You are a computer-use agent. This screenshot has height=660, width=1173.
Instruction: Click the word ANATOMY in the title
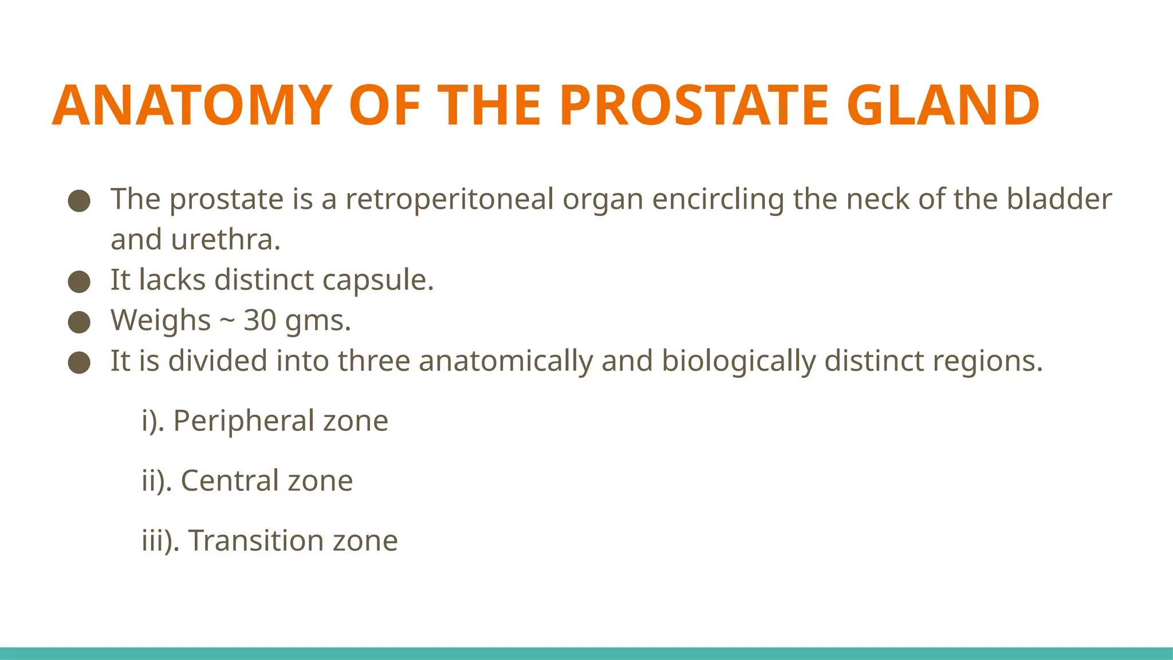point(192,105)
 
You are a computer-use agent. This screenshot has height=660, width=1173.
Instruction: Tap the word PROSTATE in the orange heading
point(694,105)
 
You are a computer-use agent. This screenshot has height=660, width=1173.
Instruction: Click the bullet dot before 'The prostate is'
point(79,201)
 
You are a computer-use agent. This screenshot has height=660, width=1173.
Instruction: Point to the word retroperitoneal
point(450,200)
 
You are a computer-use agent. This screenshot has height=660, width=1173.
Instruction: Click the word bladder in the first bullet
point(1059,199)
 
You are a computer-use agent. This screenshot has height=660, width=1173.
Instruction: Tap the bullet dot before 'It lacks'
point(79,282)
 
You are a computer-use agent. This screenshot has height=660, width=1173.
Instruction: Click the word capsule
point(378,281)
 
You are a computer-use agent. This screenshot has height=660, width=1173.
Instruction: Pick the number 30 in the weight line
point(260,320)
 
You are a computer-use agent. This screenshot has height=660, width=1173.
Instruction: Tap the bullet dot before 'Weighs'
point(79,322)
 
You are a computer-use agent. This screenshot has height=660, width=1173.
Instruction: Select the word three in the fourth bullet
point(374,361)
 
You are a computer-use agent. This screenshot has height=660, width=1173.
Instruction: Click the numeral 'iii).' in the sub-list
point(160,541)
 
